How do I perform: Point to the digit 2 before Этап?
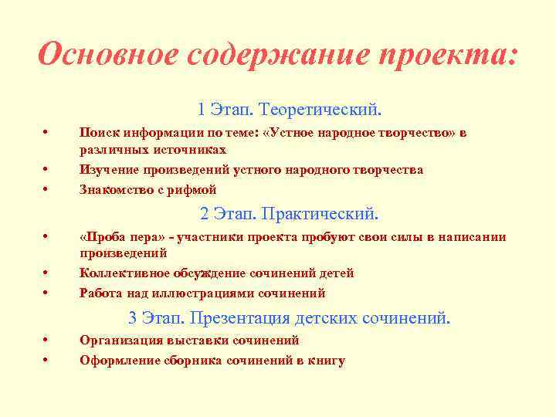pyautogui.click(x=205, y=212)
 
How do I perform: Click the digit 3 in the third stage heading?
pyautogui.click(x=133, y=317)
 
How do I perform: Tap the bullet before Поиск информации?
pyautogui.click(x=47, y=132)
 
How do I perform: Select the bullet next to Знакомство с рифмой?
pyautogui.click(x=47, y=189)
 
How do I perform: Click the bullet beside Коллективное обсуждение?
pyautogui.click(x=47, y=273)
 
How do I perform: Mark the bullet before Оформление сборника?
pyautogui.click(x=47, y=361)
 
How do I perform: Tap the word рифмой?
pyautogui.click(x=196, y=189)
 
